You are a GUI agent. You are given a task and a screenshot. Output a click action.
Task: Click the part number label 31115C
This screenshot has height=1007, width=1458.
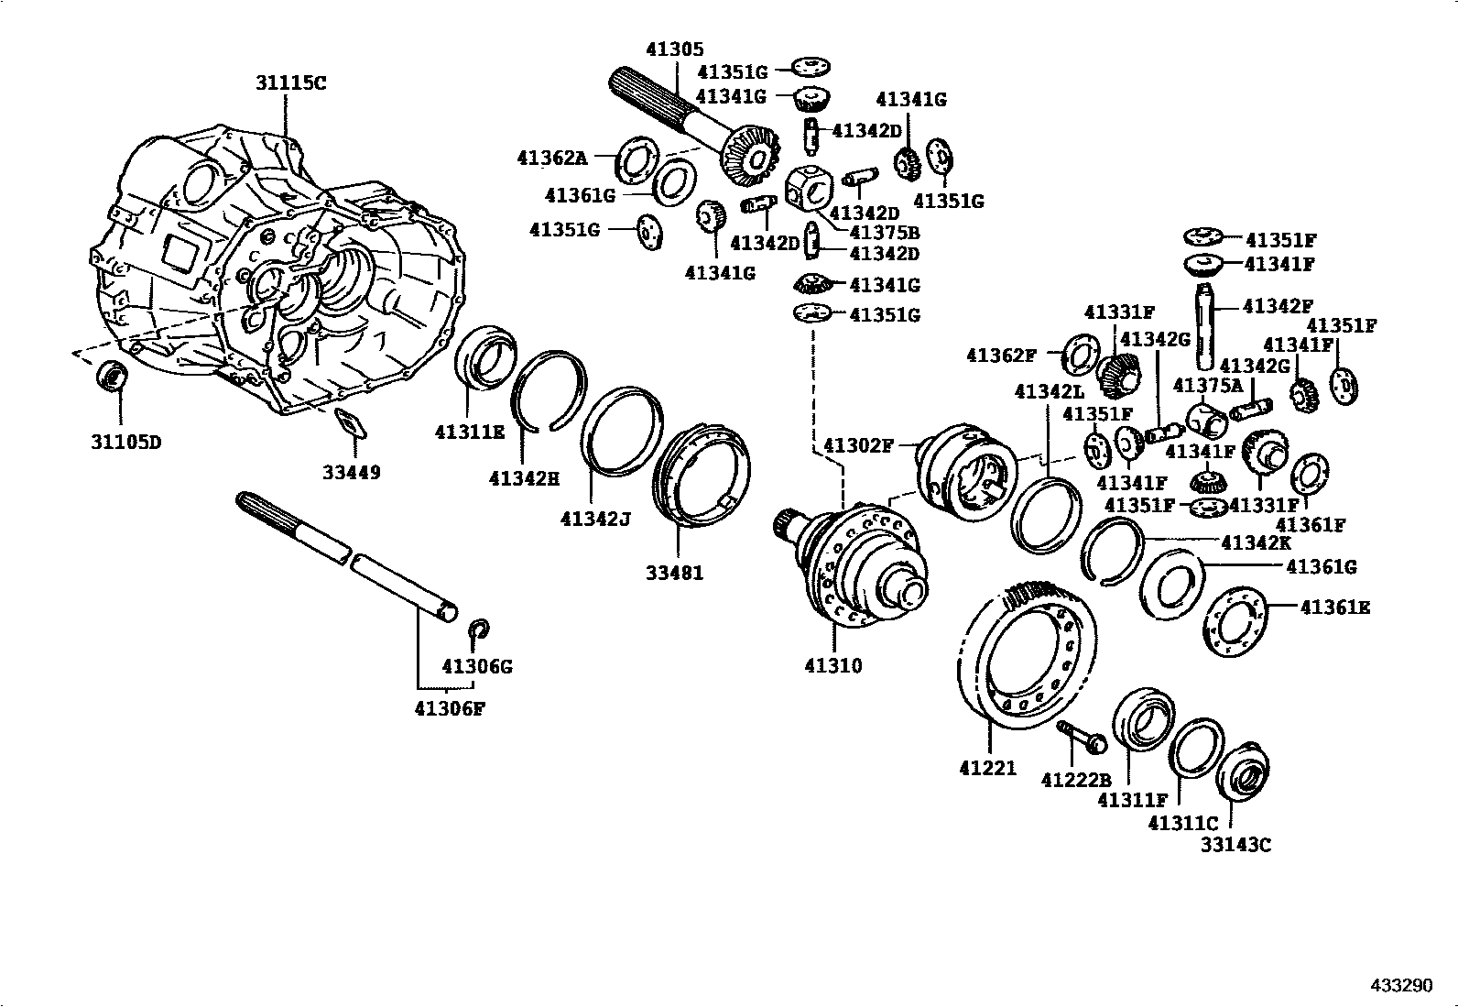(x=290, y=83)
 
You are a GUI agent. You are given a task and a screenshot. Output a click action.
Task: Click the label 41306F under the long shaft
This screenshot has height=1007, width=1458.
(x=449, y=707)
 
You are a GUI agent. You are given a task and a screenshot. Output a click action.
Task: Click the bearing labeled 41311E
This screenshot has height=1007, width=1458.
(x=487, y=363)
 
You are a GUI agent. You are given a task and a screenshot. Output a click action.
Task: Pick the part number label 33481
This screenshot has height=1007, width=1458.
(x=675, y=574)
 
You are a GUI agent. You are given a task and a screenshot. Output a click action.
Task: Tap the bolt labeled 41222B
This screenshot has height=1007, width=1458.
(x=1082, y=736)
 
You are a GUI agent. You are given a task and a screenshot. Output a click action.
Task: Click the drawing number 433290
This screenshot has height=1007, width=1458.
(x=1400, y=986)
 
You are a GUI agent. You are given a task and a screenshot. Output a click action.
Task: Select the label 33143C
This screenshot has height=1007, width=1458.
(x=1235, y=845)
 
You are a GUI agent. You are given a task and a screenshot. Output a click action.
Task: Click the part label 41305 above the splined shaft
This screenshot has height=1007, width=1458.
(x=675, y=50)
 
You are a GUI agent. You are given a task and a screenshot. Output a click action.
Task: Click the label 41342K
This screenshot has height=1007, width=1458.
(x=1254, y=542)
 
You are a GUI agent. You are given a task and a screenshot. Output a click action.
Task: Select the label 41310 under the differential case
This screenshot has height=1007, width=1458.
(x=833, y=666)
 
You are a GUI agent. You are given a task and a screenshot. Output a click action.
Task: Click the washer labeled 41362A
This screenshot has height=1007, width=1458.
(x=634, y=159)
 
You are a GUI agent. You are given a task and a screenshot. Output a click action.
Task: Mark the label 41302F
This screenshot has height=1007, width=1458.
(x=858, y=446)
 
